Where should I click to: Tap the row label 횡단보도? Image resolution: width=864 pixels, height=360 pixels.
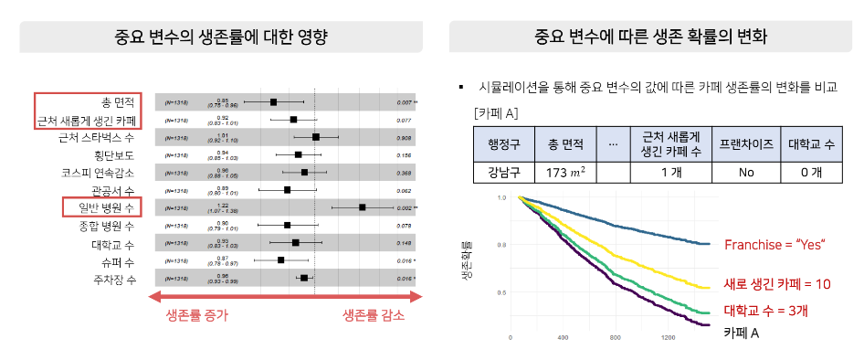[x=114, y=155]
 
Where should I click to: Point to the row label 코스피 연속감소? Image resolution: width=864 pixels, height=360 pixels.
[x=99, y=173]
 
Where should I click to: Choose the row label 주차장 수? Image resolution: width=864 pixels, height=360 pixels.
[x=113, y=277]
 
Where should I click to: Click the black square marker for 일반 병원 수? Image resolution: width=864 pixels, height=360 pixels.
[x=363, y=207]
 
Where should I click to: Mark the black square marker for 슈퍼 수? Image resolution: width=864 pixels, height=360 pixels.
[x=281, y=260]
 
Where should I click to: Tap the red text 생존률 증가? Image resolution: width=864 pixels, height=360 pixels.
[x=196, y=315]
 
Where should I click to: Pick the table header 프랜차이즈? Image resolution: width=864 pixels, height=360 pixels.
[x=746, y=143]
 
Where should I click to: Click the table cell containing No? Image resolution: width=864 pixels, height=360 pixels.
[x=746, y=172]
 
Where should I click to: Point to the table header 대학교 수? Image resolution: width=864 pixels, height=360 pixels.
[x=815, y=143]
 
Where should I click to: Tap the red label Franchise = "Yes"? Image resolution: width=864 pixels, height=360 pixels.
[x=774, y=244]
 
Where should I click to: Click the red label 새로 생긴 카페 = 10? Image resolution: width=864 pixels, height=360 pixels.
[x=776, y=284]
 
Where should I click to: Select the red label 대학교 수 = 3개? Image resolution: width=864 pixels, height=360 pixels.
[x=765, y=310]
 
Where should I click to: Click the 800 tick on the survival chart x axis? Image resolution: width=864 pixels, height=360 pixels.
[x=616, y=338]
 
